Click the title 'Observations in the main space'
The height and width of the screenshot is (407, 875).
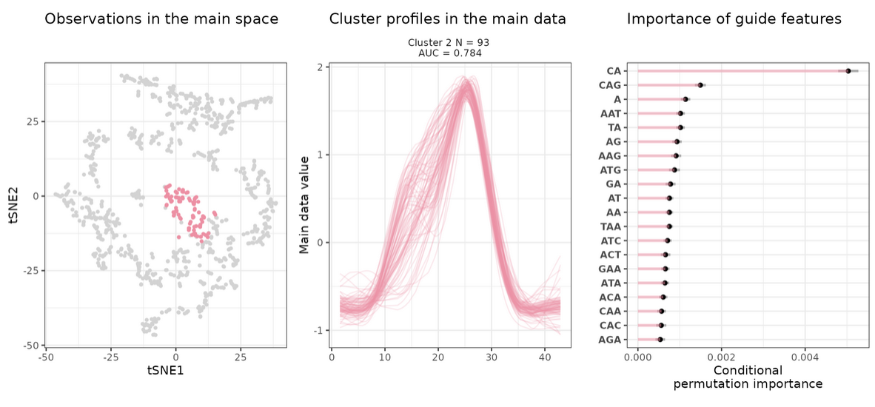161,19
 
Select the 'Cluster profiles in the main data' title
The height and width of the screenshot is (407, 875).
448,19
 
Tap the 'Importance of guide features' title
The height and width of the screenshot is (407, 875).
734,19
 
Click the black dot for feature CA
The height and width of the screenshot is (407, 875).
848,71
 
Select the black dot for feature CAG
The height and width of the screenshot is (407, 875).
700,85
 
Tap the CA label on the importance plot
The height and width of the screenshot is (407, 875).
613,71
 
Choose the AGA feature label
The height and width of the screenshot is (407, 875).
610,340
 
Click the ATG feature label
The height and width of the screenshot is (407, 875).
610,170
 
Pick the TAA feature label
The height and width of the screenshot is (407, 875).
610,226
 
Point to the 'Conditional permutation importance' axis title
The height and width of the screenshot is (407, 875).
748,377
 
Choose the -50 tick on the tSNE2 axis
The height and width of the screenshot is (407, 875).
31,346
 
